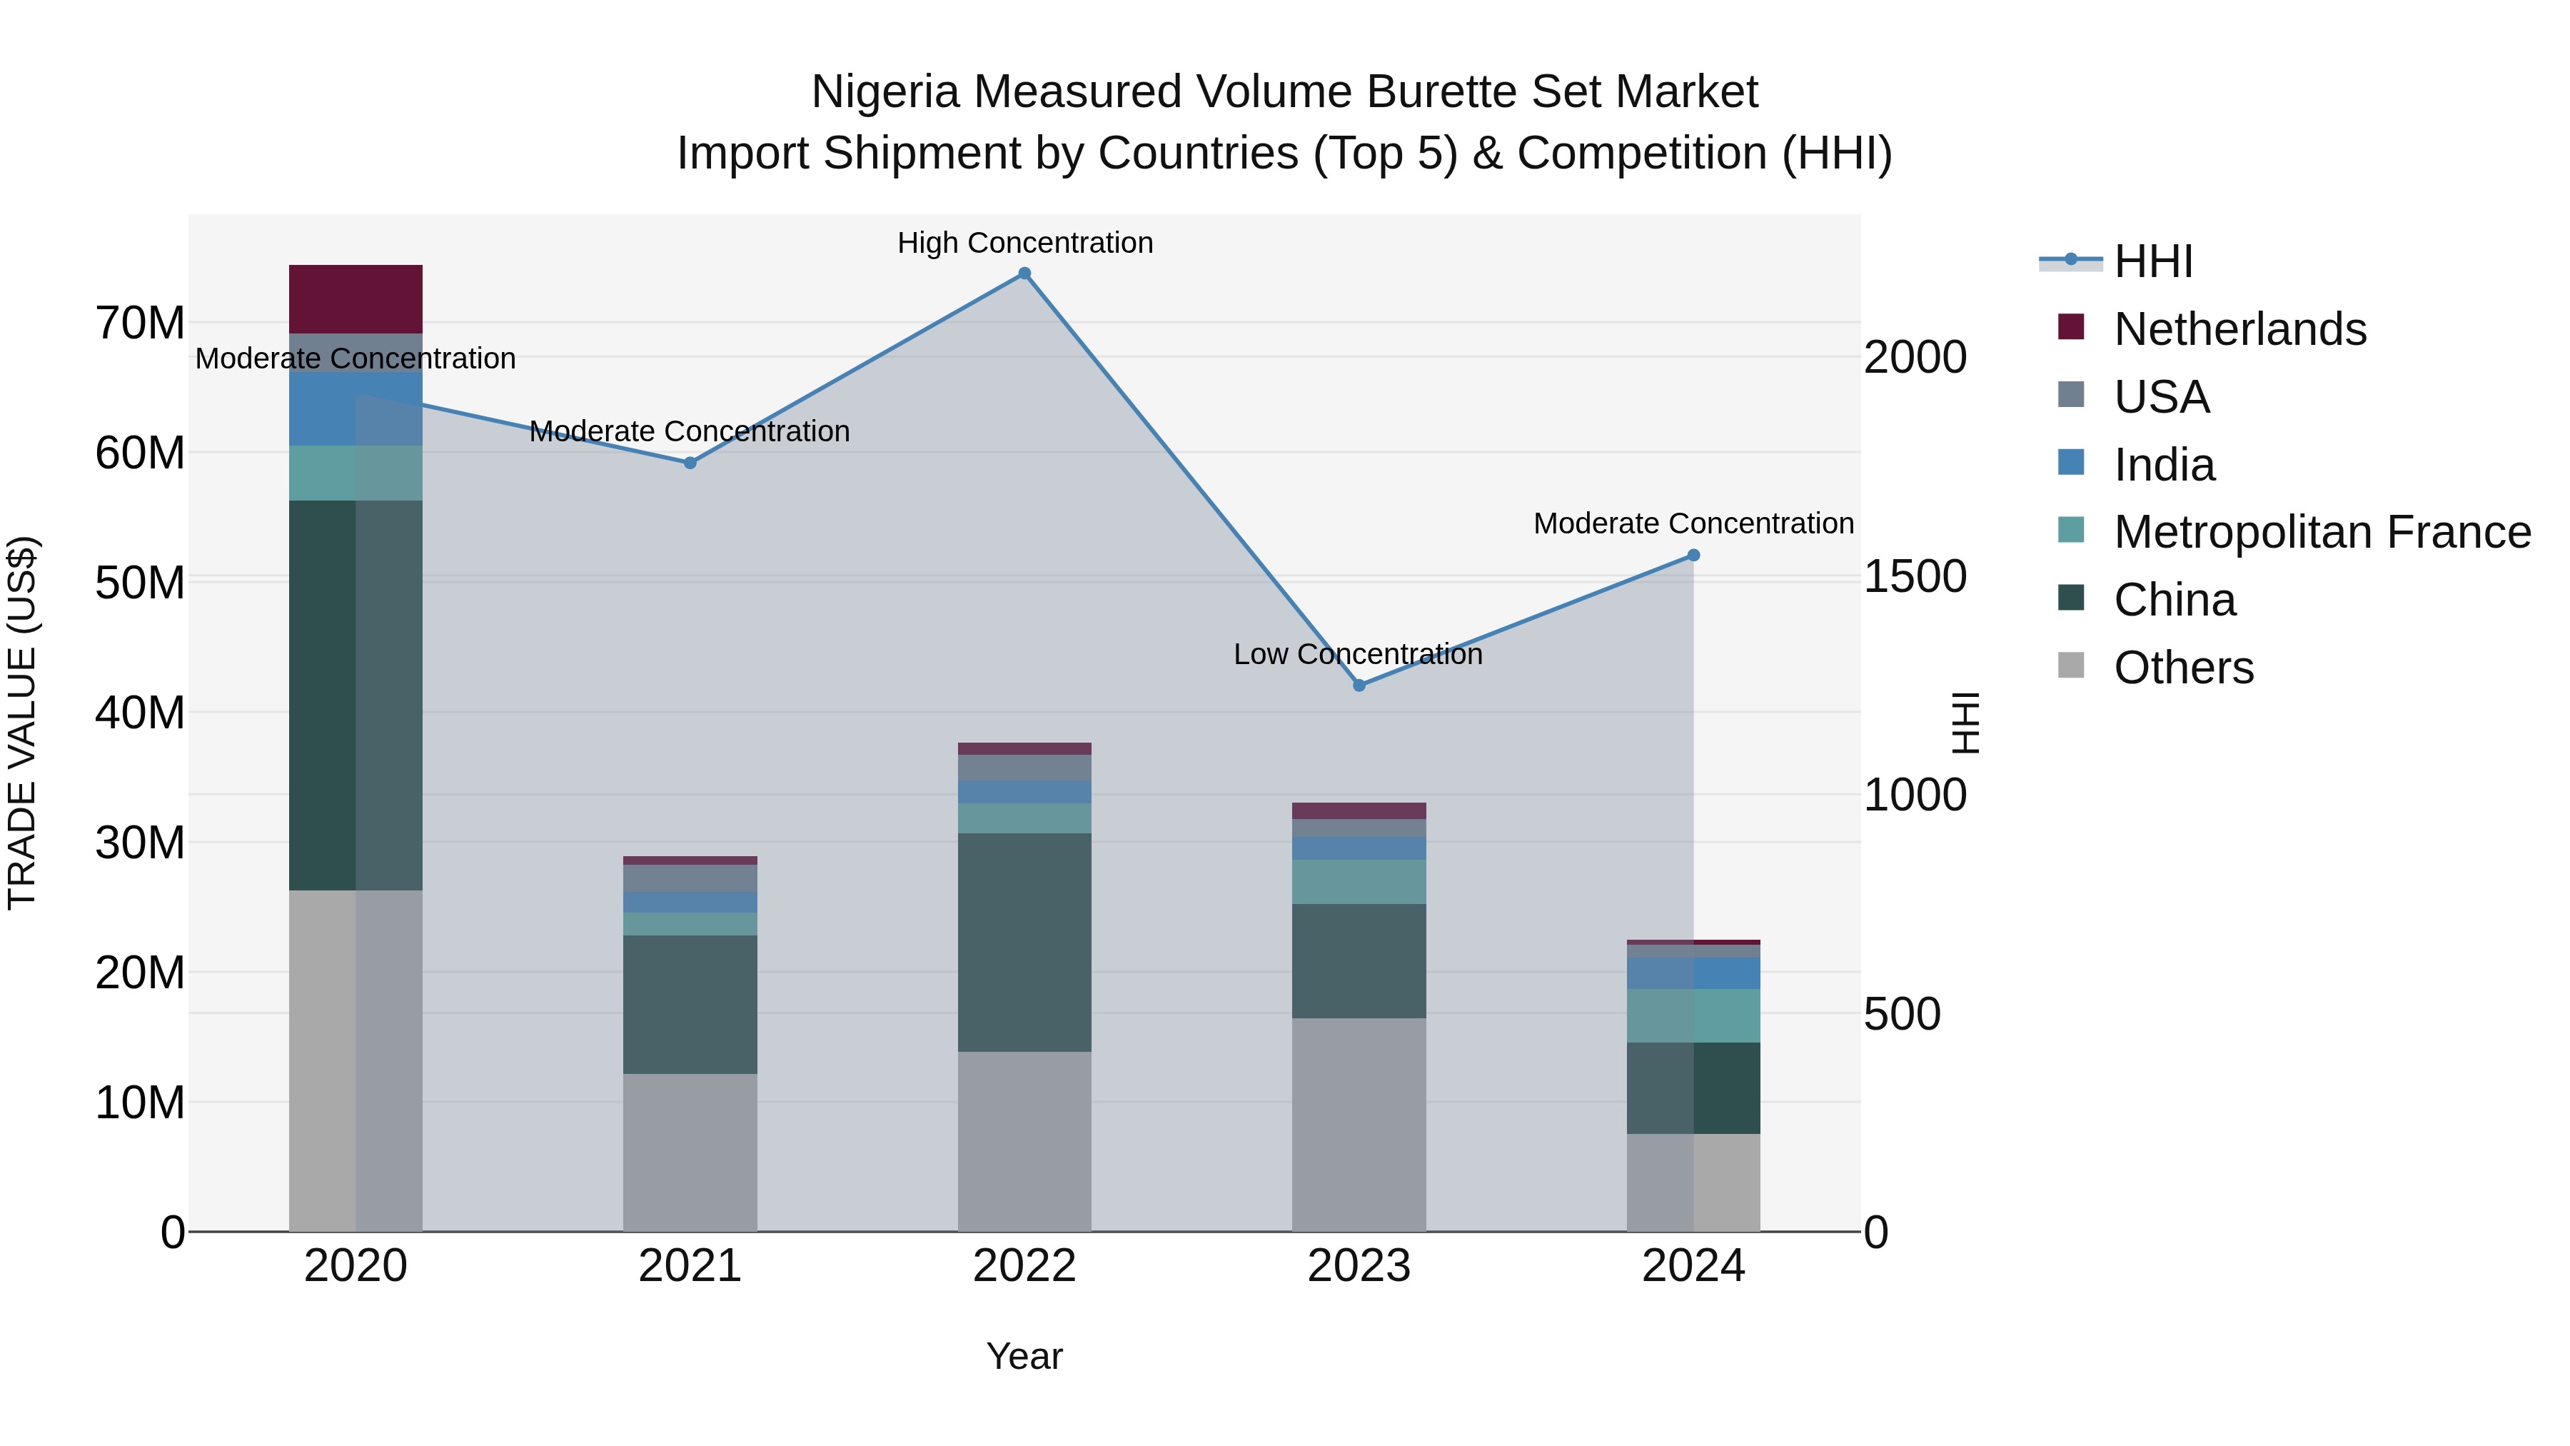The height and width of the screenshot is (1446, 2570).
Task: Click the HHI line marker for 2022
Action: pyautogui.click(x=1024, y=273)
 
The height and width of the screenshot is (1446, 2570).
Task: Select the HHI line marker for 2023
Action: pyautogui.click(x=1359, y=686)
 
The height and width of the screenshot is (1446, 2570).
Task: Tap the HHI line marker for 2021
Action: pyautogui.click(x=690, y=463)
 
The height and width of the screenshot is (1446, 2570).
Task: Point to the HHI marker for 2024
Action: pyautogui.click(x=1693, y=556)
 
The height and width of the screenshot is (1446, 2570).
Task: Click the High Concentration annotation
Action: pyautogui.click(x=1024, y=243)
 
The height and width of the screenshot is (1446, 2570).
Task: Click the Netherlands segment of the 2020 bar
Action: pyautogui.click(x=356, y=299)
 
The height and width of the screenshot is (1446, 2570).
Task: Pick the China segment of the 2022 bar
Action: pyautogui.click(x=1024, y=942)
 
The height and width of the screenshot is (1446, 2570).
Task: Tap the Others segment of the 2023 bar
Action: pyautogui.click(x=1359, y=1125)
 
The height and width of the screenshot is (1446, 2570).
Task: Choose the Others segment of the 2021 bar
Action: pyautogui.click(x=690, y=1153)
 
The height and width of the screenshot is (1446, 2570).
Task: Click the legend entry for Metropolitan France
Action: pyautogui.click(x=2321, y=532)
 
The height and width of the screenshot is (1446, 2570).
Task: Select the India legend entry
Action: pyautogui.click(x=2163, y=465)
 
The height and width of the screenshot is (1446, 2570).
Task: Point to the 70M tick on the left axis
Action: pyautogui.click(x=140, y=323)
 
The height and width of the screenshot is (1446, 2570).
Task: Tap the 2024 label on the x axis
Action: pyautogui.click(x=1693, y=1266)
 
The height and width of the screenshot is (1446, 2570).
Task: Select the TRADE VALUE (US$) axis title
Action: pyautogui.click(x=22, y=723)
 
